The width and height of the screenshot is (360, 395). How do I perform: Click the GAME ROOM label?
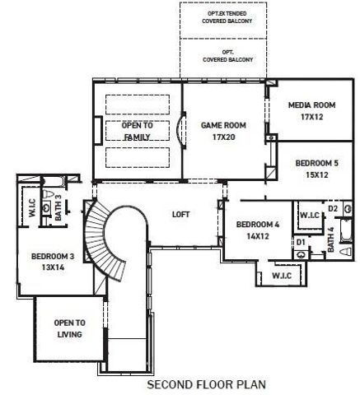[x=219, y=125]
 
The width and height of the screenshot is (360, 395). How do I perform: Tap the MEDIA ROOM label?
[x=311, y=105]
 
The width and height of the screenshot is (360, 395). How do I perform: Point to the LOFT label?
[x=180, y=214]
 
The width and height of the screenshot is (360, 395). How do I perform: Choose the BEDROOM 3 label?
[x=53, y=256]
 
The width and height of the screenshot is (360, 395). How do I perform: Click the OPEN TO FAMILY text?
[x=137, y=131]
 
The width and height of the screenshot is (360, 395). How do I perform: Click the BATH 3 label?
[x=58, y=207]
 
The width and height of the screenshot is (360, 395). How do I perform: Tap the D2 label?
[x=333, y=209]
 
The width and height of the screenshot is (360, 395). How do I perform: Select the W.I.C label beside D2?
[x=309, y=215]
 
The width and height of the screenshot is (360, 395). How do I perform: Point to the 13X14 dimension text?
[x=53, y=267]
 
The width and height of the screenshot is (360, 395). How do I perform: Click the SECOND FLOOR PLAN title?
[x=194, y=383]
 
